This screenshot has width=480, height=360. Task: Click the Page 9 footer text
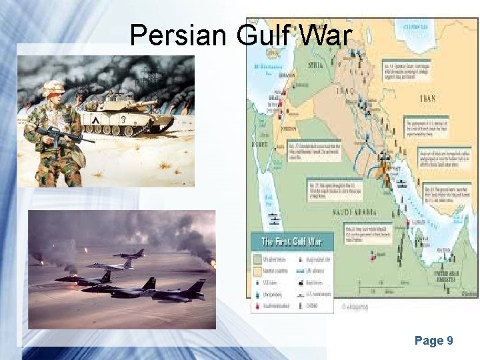click(x=434, y=341)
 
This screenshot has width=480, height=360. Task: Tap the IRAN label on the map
click(x=427, y=99)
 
